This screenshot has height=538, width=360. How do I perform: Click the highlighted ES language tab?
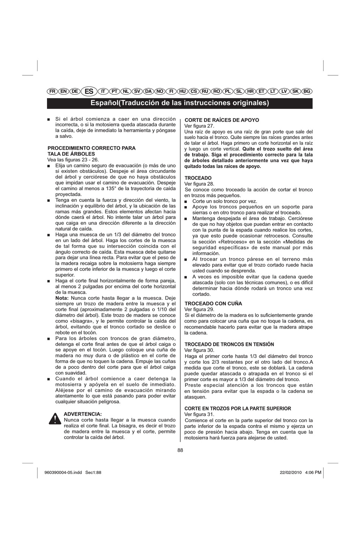click(x=89, y=91)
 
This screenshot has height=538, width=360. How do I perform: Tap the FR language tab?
click(x=53, y=91)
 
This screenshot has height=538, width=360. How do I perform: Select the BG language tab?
click(x=307, y=91)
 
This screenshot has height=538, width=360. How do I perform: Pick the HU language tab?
click(x=182, y=91)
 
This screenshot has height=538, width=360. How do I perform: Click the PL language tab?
click(x=228, y=91)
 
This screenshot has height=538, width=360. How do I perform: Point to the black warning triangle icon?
click(x=55, y=419)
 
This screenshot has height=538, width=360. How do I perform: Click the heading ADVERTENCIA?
click(x=83, y=414)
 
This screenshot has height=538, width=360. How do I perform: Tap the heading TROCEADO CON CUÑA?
click(x=213, y=303)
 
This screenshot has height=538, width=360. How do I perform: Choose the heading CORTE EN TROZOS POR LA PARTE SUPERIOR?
click(x=238, y=408)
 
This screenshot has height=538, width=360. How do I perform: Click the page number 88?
click(x=180, y=450)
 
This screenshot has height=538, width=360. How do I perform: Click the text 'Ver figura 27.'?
click(x=199, y=126)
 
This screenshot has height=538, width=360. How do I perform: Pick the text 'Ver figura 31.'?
click(x=199, y=414)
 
